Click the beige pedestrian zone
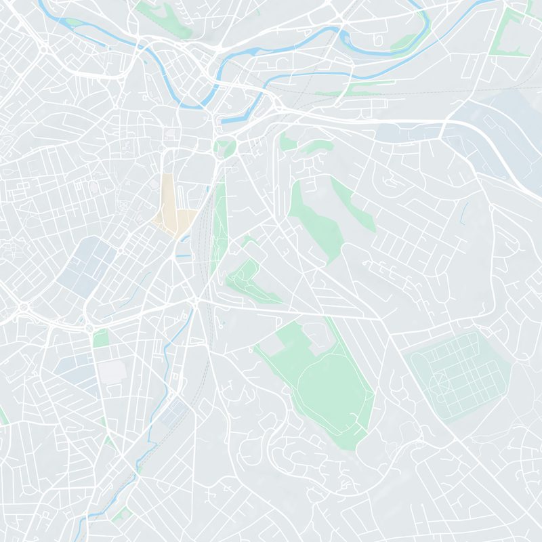169,207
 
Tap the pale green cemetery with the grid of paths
461,373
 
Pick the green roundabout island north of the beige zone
225,145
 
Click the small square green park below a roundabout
101,338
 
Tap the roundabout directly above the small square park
89,328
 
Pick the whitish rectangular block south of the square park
112,371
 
